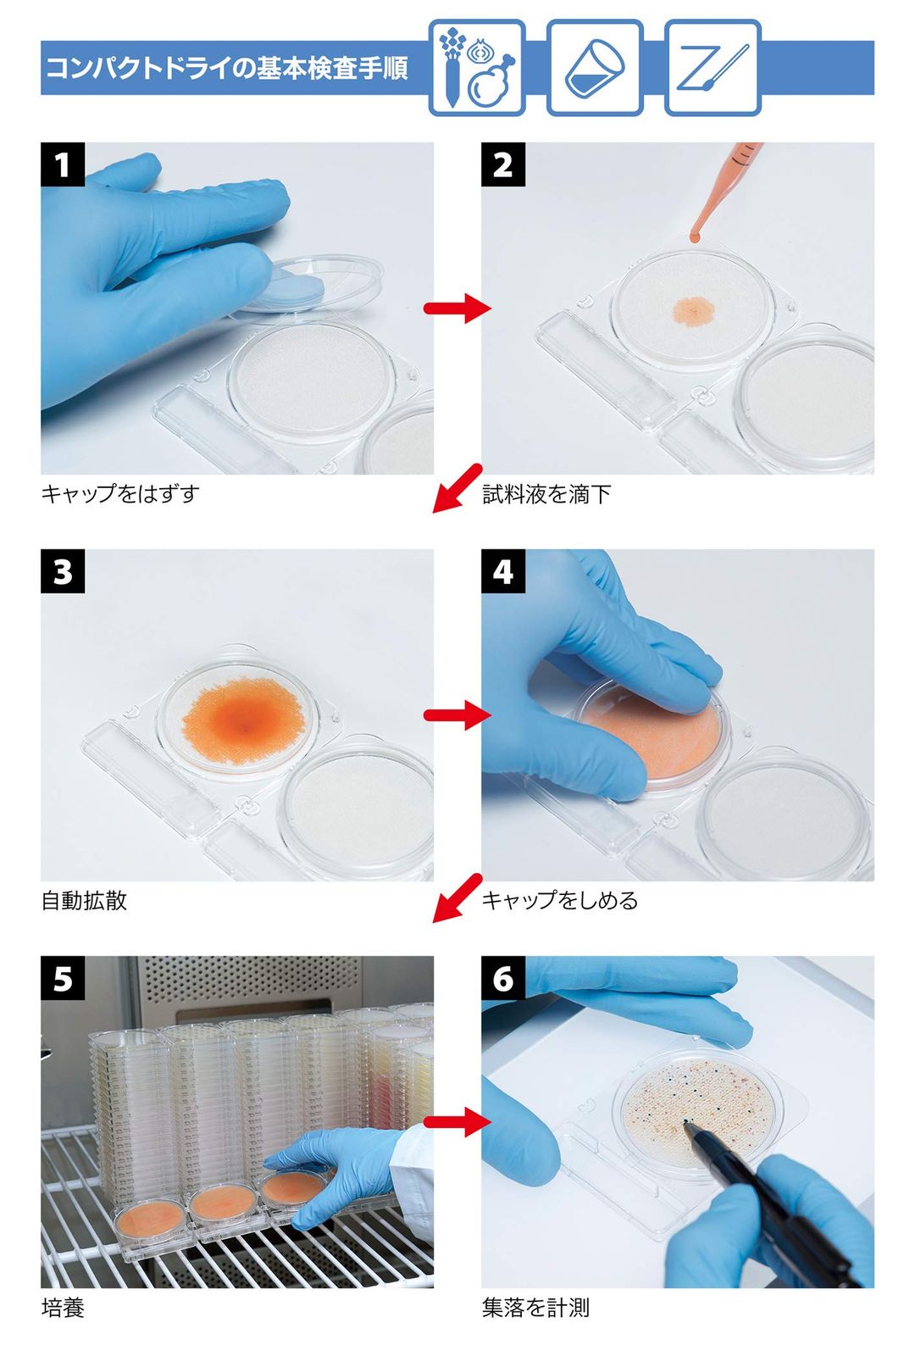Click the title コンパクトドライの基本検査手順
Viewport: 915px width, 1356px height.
pyautogui.click(x=228, y=68)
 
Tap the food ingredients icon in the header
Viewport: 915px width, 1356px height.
pyautogui.click(x=477, y=68)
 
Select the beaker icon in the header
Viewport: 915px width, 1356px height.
pyautogui.click(x=595, y=68)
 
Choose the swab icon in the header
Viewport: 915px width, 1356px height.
pyautogui.click(x=713, y=68)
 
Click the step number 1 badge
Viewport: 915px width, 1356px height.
pyautogui.click(x=63, y=164)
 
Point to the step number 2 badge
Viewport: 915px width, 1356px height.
pyautogui.click(x=503, y=164)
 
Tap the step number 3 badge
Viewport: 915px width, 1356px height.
pyautogui.click(x=63, y=571)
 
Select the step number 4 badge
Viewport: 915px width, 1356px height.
pyautogui.click(x=503, y=571)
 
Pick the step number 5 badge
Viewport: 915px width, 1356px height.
pyautogui.click(x=63, y=978)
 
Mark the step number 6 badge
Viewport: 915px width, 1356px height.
pyautogui.click(x=503, y=978)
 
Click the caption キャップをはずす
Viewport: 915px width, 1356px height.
pyautogui.click(x=120, y=494)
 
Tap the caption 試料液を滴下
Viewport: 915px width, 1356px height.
pyautogui.click(x=546, y=494)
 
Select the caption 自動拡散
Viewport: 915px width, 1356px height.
pyautogui.click(x=84, y=901)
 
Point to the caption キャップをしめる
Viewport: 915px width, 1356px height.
pyautogui.click(x=560, y=901)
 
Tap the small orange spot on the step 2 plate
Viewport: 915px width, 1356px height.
pyautogui.click(x=694, y=310)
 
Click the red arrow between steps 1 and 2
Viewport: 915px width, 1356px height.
pyautogui.click(x=457, y=308)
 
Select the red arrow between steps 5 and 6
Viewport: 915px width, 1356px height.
pyautogui.click(x=457, y=1122)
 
